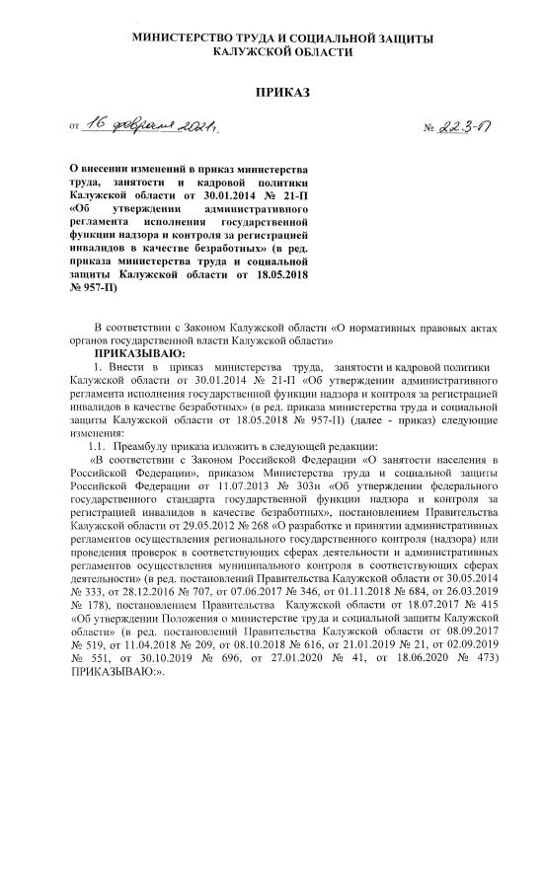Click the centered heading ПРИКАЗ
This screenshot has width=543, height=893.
click(282, 92)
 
